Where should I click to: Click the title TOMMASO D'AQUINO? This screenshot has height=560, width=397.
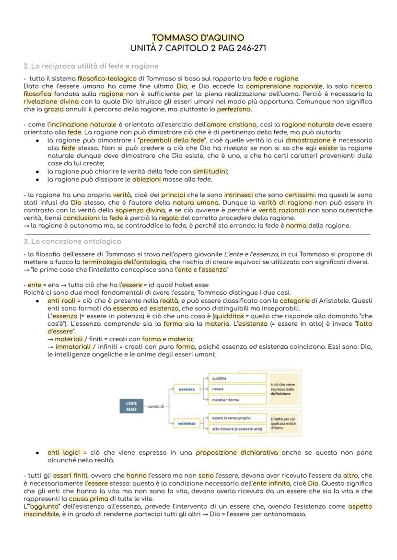click(x=198, y=38)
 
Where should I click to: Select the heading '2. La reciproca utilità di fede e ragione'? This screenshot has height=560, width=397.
click(x=91, y=66)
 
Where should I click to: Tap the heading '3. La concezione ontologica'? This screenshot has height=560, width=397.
click(x=72, y=241)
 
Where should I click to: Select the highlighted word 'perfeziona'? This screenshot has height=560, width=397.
click(x=234, y=109)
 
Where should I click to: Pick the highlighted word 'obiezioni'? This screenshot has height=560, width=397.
click(x=147, y=180)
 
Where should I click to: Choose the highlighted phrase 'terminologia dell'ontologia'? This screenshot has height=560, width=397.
click(x=124, y=262)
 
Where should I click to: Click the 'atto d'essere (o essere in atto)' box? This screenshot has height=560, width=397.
click(x=237, y=429)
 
